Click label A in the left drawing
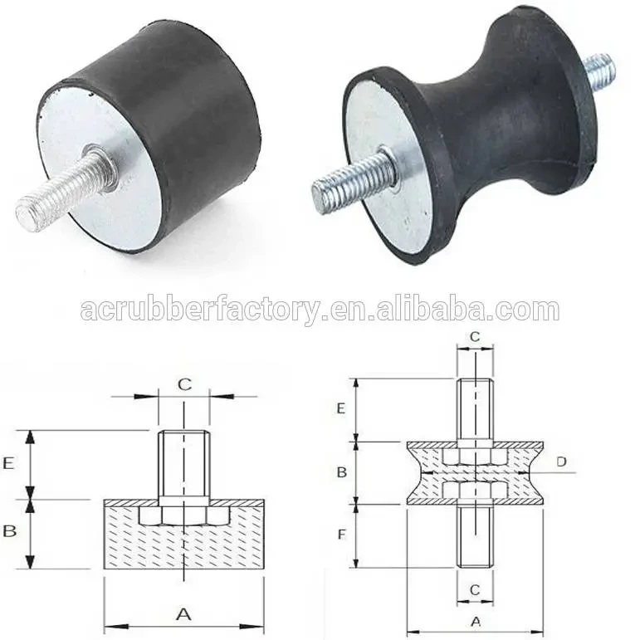click(184, 614)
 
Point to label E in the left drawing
click(9, 464)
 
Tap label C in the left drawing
click(185, 384)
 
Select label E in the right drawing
click(340, 409)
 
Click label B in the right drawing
click(340, 472)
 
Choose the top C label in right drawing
click(475, 336)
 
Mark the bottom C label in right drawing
click(475, 589)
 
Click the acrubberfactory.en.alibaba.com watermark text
click(320, 310)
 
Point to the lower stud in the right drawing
click(475, 535)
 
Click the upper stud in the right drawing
click(475, 411)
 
